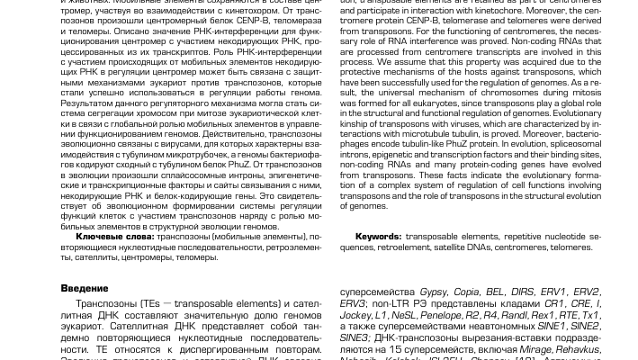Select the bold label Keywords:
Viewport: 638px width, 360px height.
coord(378,237)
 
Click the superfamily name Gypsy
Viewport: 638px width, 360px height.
coord(433,292)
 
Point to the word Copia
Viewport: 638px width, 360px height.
coord(466,292)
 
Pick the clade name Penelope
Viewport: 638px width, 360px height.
coord(440,316)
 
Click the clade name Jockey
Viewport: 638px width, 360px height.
coord(355,316)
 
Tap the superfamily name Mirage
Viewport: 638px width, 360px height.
coord(535,349)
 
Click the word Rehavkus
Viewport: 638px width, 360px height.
coord(578,349)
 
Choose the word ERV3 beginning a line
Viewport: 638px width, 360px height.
coord(352,304)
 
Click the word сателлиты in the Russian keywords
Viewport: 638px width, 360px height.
coord(84,258)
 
